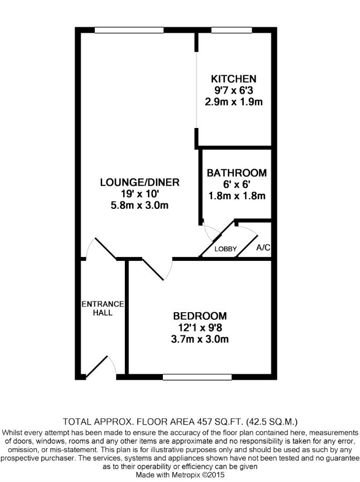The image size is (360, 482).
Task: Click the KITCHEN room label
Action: [x=234, y=79]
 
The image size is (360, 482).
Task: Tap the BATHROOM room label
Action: [x=236, y=173]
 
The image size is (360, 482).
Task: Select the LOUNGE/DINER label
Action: [x=140, y=182]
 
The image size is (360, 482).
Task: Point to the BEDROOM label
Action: [x=200, y=316]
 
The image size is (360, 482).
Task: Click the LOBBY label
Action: [x=226, y=249]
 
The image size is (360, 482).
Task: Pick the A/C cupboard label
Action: [x=263, y=247]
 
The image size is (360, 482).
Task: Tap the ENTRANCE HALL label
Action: [x=103, y=308]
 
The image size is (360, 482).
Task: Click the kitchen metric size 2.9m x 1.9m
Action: [x=234, y=102]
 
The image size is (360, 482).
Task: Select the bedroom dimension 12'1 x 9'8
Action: [x=200, y=328]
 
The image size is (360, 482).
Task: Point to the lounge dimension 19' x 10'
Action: [x=140, y=194]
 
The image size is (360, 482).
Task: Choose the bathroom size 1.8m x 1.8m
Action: [x=237, y=196]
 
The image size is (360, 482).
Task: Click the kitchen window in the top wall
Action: [x=231, y=30]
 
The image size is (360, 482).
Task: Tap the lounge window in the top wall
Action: [x=129, y=30]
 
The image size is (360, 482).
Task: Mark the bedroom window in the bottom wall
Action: [x=197, y=377]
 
